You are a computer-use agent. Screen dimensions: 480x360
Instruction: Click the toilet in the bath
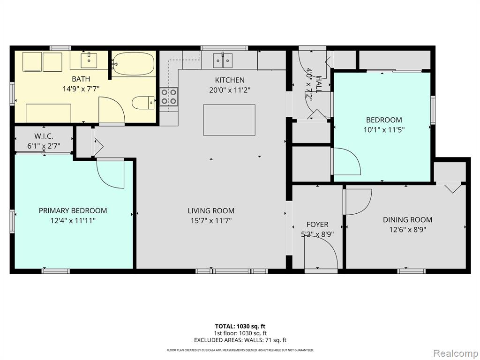pos(143,103)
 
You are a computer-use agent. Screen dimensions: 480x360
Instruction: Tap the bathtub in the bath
pos(133,64)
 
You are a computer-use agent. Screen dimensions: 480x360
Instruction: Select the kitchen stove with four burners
pos(169,97)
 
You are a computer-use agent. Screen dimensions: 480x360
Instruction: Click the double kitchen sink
pos(223,60)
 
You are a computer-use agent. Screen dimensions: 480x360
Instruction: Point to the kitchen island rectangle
pos(229,120)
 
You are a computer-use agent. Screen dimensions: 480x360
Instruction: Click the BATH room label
pos(81,79)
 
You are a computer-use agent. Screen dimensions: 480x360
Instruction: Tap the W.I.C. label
pos(44,136)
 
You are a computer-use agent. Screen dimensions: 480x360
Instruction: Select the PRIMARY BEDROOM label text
pos(73,210)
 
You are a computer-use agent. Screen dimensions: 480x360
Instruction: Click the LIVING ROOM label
pos(211,210)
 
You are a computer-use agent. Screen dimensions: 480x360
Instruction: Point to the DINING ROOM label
pos(407,219)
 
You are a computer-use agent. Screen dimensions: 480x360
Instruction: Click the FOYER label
pos(317,225)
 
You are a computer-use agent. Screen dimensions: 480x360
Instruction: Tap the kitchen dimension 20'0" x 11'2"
pos(230,90)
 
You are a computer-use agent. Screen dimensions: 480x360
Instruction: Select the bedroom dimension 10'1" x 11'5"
pos(384,129)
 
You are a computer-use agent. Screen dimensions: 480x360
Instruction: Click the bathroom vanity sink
pos(89,60)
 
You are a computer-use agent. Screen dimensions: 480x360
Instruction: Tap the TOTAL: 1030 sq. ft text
pos(240,326)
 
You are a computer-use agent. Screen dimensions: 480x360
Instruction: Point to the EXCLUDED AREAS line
pos(240,340)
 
